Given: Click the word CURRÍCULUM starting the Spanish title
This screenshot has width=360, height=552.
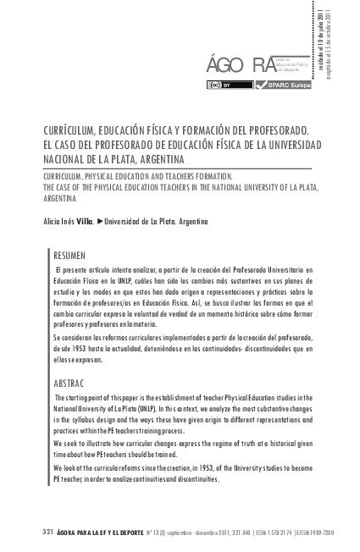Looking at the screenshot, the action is (72, 133).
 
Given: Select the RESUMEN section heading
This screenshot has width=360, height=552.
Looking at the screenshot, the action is (69, 254).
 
